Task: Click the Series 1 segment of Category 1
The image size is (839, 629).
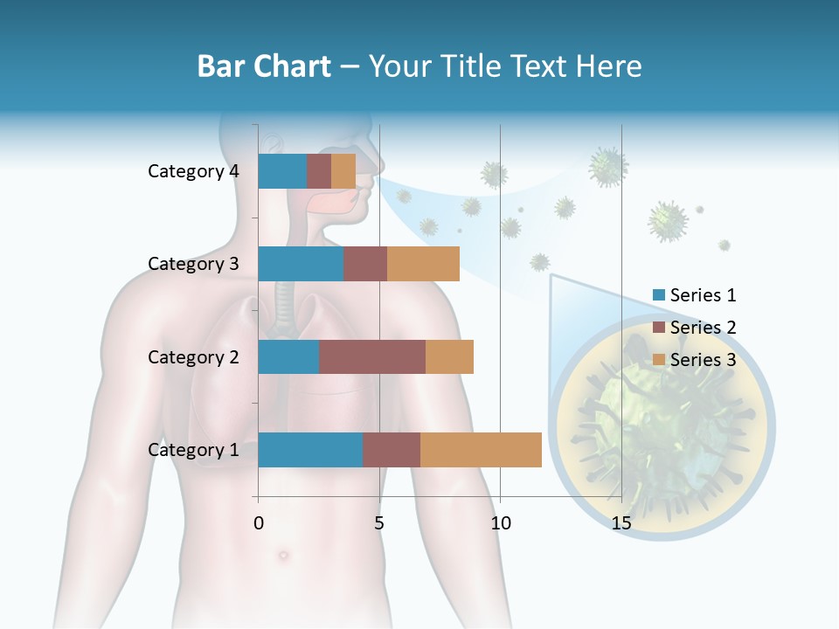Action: click(x=310, y=450)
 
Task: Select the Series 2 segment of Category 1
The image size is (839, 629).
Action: click(x=392, y=450)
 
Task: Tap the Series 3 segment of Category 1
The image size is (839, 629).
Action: click(x=481, y=450)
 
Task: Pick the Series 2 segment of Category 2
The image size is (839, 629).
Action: click(x=372, y=356)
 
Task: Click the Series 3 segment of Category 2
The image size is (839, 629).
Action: click(x=449, y=356)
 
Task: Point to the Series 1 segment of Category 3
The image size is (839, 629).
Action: click(x=301, y=264)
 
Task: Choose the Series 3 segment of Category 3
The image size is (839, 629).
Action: click(x=423, y=264)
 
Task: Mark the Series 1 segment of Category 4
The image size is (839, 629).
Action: click(x=282, y=171)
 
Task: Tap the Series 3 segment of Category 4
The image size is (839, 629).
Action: click(x=343, y=171)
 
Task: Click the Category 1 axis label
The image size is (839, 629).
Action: click(x=193, y=450)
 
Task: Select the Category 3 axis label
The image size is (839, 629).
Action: click(x=193, y=264)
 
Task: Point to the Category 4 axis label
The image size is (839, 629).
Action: click(x=193, y=171)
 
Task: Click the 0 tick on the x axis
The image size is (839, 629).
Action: click(x=259, y=523)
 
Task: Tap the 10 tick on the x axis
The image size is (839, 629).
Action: click(x=500, y=523)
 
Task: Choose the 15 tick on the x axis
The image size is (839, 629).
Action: click(x=621, y=523)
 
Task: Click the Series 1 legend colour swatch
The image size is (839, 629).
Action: click(x=659, y=296)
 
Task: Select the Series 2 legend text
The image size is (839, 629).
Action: click(x=703, y=328)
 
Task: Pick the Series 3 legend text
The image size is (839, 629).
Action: click(x=703, y=360)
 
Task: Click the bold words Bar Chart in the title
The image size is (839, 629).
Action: click(x=264, y=66)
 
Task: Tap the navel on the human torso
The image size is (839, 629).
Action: click(x=283, y=555)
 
